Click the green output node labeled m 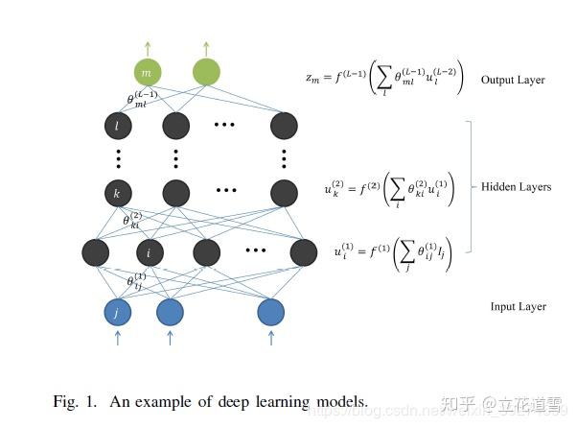pyautogui.click(x=147, y=72)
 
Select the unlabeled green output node pyautogui.click(x=206, y=72)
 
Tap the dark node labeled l pyautogui.click(x=118, y=126)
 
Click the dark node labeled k pyautogui.click(x=118, y=193)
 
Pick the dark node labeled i pyautogui.click(x=150, y=253)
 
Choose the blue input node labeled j pyautogui.click(x=117, y=312)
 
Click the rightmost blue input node pyautogui.click(x=270, y=312)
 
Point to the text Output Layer pyautogui.click(x=512, y=80)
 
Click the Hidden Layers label pyautogui.click(x=516, y=186)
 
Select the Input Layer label pyautogui.click(x=518, y=306)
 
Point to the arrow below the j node pyautogui.click(x=117, y=338)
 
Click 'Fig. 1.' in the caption pyautogui.click(x=74, y=400)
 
